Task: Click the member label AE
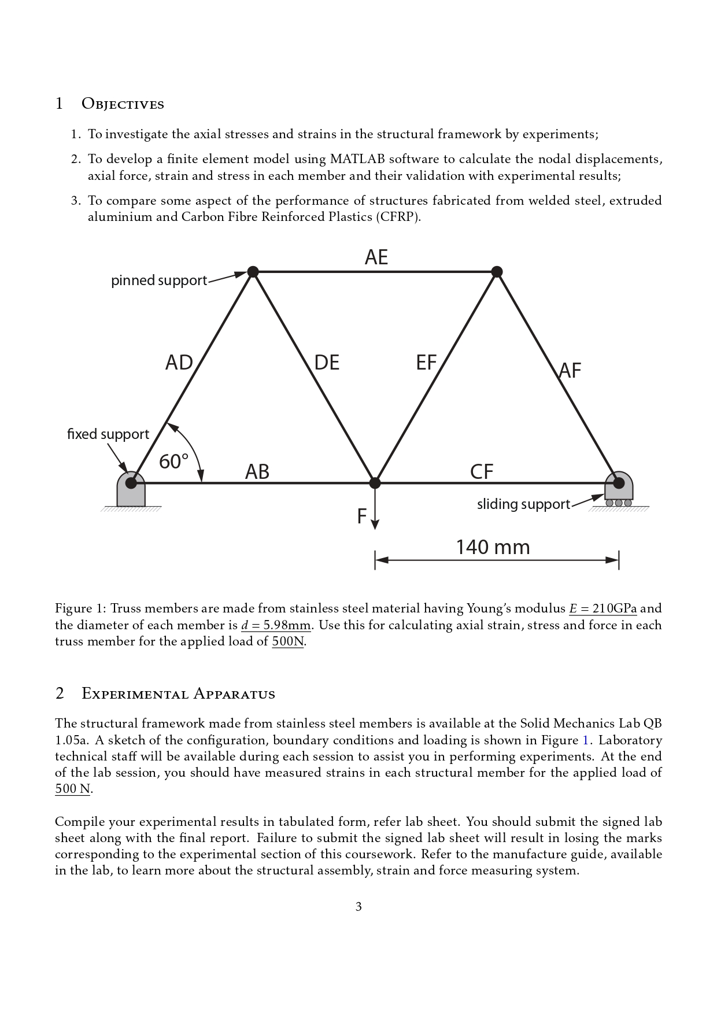coord(376,257)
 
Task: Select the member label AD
coord(179,363)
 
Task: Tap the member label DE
coord(327,363)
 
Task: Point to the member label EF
coord(427,363)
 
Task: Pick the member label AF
coord(570,371)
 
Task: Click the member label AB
coord(257,472)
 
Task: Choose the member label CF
coord(482,472)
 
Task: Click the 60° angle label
coord(173,462)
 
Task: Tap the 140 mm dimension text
coord(493,547)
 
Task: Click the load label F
coord(362,516)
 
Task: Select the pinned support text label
coord(159,280)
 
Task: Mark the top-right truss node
coord(497,271)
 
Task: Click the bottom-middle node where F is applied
coord(375,482)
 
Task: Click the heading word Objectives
coord(123,104)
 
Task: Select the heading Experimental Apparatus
coord(178,693)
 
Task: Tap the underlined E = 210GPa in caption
coord(603,608)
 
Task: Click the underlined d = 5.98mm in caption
coord(276,625)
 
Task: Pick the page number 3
coord(358,907)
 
